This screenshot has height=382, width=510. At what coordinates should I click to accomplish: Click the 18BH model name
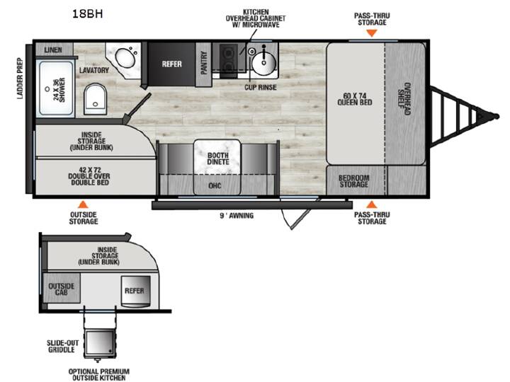[88, 13]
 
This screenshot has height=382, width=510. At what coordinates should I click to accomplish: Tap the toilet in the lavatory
[95, 99]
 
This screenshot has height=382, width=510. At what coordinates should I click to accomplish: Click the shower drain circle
[47, 88]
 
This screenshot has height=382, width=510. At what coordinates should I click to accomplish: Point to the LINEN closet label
[53, 50]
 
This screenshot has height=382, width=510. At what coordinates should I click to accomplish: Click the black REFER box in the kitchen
[171, 64]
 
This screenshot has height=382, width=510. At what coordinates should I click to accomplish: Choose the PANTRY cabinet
[203, 64]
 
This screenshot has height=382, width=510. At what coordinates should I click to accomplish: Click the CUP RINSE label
[261, 87]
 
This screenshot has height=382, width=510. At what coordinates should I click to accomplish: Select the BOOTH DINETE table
[217, 158]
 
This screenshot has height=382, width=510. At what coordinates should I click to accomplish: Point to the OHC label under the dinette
[215, 185]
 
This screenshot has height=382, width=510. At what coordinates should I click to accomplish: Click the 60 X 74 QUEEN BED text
[355, 99]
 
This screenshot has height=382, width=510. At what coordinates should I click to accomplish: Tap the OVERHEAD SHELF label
[404, 99]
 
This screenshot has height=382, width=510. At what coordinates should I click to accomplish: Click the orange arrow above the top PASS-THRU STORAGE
[372, 33]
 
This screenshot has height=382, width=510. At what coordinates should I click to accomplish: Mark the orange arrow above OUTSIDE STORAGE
[84, 204]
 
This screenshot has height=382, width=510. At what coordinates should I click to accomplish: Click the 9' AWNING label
[237, 215]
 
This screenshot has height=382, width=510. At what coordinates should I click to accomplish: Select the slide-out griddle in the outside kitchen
[100, 344]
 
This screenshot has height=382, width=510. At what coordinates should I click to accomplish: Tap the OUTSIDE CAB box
[61, 288]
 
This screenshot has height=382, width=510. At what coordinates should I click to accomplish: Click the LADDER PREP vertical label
[20, 79]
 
